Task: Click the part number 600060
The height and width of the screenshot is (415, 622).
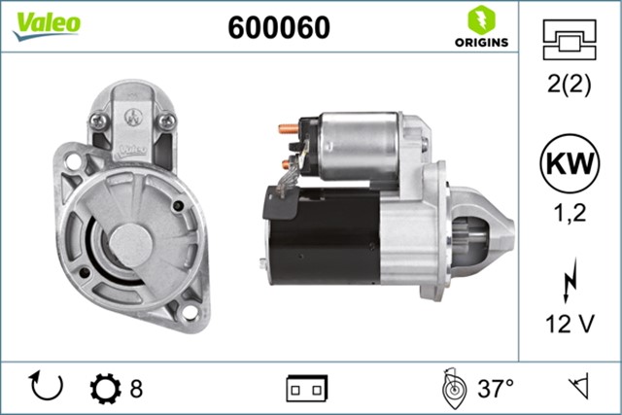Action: coord(279,27)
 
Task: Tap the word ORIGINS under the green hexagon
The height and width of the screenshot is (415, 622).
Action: coord(482,42)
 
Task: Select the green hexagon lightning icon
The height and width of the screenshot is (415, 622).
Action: coord(482,19)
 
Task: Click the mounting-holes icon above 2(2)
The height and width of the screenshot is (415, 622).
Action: coord(570,40)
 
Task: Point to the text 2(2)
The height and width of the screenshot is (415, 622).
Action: coord(570,84)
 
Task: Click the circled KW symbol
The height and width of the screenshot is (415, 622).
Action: coord(570,163)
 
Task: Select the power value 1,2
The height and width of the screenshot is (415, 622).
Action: coord(570,213)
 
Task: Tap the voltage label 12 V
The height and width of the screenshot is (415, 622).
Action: coord(570,324)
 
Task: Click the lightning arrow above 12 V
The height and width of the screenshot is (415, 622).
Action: coord(570,280)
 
